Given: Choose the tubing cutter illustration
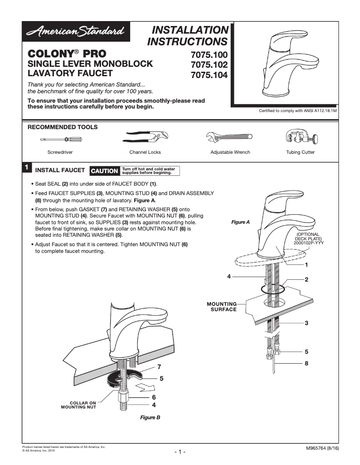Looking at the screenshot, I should click(x=300, y=137).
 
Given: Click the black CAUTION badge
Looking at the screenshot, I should click(x=105, y=171).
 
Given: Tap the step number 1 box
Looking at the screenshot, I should click(x=26, y=168).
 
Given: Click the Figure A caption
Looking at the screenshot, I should click(x=240, y=222).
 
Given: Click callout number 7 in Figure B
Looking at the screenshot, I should click(x=159, y=367).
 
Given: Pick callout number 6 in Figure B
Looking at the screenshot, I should click(x=154, y=397).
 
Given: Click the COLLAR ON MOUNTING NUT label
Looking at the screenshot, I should click(x=79, y=405).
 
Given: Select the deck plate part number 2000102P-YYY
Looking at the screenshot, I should click(x=308, y=243).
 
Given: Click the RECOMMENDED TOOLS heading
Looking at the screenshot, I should click(x=62, y=127).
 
